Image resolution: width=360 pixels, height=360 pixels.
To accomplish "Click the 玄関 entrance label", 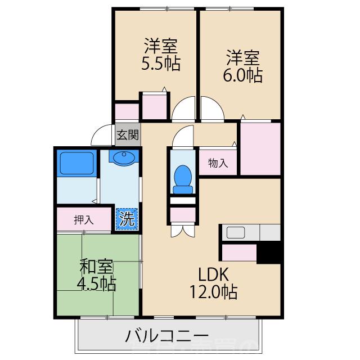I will [x=128, y=135].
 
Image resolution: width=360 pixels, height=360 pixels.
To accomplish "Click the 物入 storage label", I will [x=218, y=164].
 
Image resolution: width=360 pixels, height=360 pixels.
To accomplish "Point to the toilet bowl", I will [x=183, y=177].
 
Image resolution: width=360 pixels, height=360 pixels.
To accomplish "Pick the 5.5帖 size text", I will [x=160, y=64].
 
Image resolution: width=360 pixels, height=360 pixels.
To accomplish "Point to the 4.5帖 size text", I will [x=97, y=283].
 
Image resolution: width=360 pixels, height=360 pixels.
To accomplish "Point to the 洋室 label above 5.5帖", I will [x=161, y=44].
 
